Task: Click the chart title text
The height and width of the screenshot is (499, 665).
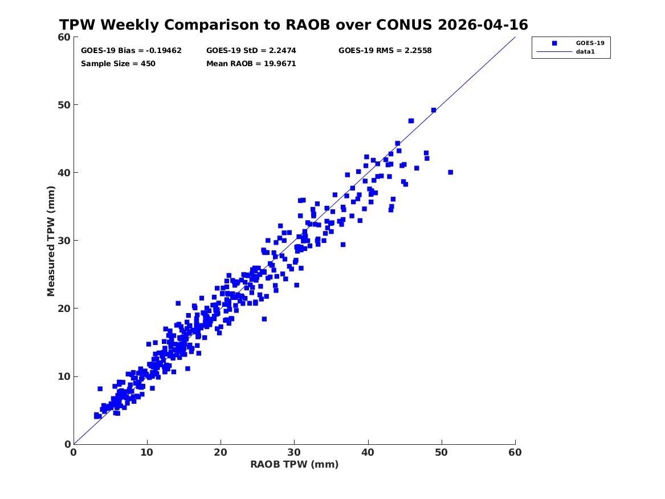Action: pyautogui.click(x=293, y=25)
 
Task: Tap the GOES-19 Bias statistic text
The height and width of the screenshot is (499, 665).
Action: pyautogui.click(x=131, y=51)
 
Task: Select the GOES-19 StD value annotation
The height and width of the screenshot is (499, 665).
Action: pyautogui.click(x=251, y=51)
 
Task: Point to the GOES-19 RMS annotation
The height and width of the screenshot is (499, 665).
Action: pyautogui.click(x=385, y=51)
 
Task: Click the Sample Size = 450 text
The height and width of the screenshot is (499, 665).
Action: pyautogui.click(x=118, y=64)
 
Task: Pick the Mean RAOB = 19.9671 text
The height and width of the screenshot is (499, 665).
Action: pyautogui.click(x=251, y=64)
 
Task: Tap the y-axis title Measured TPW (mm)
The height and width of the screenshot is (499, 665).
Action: pyautogui.click(x=51, y=241)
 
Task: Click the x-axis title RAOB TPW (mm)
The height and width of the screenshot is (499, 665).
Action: pyautogui.click(x=295, y=464)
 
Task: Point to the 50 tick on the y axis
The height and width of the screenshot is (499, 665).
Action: pyautogui.click(x=64, y=105)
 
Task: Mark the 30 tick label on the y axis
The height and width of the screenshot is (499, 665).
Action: pyautogui.click(x=64, y=241)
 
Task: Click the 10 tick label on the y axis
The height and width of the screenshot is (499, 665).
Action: pyautogui.click(x=64, y=376)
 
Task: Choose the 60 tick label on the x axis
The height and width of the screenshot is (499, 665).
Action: pyautogui.click(x=515, y=452)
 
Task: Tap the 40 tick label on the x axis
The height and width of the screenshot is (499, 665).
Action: pyautogui.click(x=368, y=452)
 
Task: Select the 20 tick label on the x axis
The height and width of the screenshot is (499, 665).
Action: pyautogui.click(x=221, y=452)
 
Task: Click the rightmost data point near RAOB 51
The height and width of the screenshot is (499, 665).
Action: pyautogui.click(x=450, y=172)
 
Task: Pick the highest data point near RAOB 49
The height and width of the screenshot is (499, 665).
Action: pyautogui.click(x=434, y=110)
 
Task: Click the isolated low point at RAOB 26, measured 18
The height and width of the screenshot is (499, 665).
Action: pyautogui.click(x=264, y=319)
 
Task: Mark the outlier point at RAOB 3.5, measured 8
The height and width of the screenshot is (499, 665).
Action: pyautogui.click(x=100, y=389)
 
